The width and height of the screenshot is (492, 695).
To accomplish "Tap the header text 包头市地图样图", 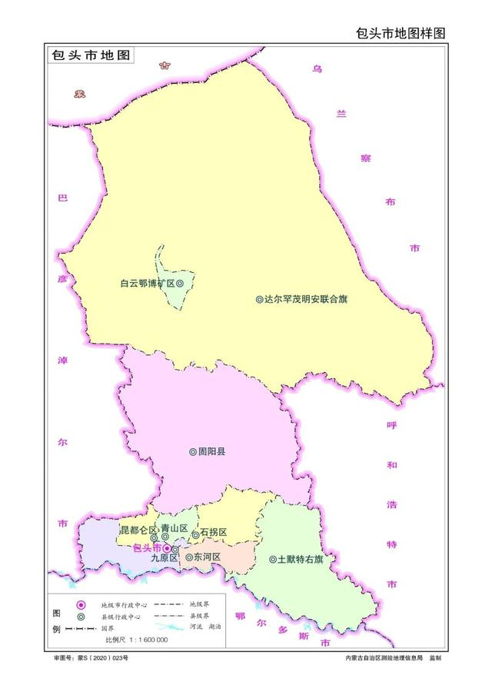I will [401, 33].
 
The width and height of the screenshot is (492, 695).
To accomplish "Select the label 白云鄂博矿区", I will [148, 284].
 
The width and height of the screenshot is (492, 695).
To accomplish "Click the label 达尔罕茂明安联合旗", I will [306, 299].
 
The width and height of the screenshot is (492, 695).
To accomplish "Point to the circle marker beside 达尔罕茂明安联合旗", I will [259, 299].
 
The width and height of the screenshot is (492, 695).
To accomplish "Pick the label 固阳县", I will [212, 452].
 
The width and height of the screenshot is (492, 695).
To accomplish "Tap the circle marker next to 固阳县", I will [193, 452].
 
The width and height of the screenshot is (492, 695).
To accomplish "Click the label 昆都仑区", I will [138, 530].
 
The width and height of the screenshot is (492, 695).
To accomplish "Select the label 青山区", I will [175, 529].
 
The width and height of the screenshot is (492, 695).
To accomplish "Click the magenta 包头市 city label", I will [147, 548].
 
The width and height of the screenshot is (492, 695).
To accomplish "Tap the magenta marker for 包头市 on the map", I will [167, 548].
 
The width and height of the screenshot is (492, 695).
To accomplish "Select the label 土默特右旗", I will [301, 560].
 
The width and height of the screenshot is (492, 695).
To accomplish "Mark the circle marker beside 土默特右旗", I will [272, 560].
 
